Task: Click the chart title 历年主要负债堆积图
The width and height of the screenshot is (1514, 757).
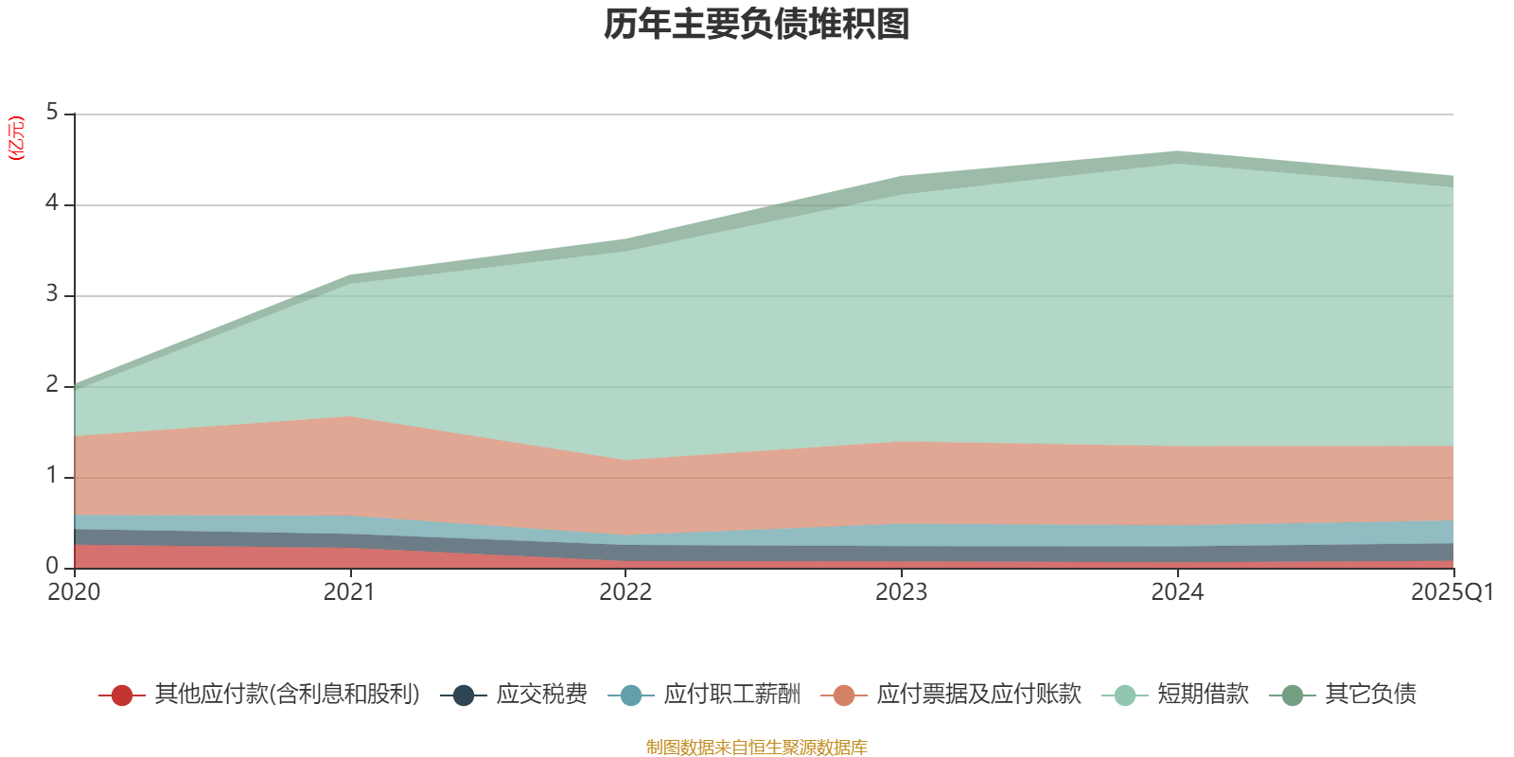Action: (x=757, y=26)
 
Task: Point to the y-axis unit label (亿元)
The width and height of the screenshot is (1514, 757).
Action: (x=16, y=138)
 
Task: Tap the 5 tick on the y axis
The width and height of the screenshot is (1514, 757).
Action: (x=52, y=113)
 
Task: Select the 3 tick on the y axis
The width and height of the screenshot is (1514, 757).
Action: (x=52, y=294)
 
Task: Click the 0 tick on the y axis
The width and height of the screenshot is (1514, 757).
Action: (x=52, y=566)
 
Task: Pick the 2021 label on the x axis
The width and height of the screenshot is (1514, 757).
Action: (x=349, y=592)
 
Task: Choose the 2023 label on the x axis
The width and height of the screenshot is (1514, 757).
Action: (x=901, y=592)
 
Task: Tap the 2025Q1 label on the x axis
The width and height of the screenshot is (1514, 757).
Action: (x=1452, y=592)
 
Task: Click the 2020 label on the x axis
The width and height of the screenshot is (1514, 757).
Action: (x=74, y=592)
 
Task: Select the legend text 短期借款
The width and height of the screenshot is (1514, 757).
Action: (x=1203, y=695)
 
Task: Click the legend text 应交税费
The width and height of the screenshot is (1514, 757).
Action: (x=541, y=695)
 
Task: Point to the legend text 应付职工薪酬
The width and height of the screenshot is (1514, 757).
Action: (x=732, y=695)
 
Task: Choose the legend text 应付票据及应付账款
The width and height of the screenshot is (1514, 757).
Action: (x=978, y=695)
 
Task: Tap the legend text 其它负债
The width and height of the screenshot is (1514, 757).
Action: (x=1370, y=695)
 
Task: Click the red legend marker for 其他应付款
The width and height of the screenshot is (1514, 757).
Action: (x=121, y=695)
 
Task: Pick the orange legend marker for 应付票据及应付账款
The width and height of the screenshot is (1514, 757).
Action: (x=844, y=695)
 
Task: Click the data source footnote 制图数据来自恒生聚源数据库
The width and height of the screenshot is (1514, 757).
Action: (x=757, y=748)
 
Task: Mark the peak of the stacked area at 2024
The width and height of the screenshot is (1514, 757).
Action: (x=1177, y=151)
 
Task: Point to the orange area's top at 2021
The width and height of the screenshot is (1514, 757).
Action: (x=350, y=416)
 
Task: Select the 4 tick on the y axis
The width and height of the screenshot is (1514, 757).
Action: (x=52, y=203)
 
